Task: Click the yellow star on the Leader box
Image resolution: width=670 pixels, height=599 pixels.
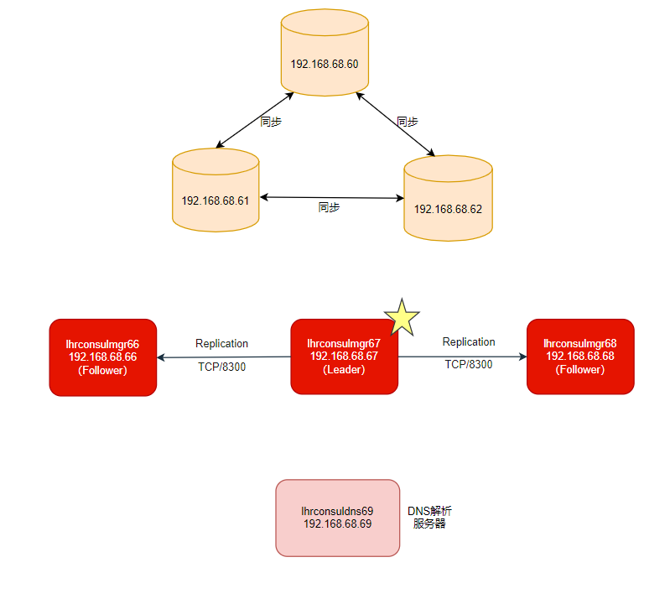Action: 402,318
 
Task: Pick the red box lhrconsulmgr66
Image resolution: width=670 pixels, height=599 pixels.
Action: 103,357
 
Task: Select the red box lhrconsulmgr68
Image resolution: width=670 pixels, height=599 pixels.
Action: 580,357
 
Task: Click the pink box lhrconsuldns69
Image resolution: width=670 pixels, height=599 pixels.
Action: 337,517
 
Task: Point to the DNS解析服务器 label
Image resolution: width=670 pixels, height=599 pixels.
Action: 429,517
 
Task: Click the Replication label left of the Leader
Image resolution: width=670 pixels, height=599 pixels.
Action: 221,343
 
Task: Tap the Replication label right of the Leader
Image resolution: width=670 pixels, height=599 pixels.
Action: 469,341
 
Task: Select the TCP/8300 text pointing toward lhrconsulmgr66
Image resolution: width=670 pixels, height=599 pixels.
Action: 221,367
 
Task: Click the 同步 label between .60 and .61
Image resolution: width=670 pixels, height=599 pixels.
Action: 271,122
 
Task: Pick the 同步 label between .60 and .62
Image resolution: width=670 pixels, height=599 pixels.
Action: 408,121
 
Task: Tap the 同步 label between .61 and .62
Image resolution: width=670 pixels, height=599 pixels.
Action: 330,207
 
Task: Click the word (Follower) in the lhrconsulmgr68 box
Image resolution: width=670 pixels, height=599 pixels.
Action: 580,369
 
